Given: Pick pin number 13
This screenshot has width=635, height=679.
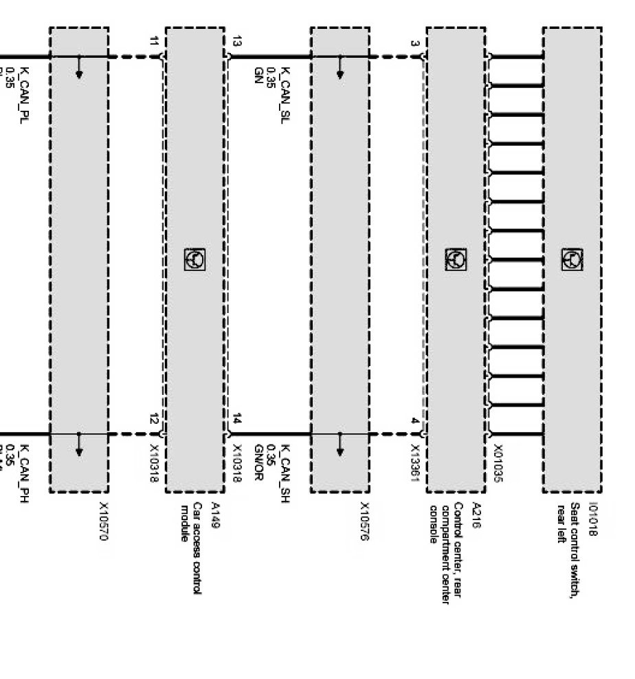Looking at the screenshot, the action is pyautogui.click(x=237, y=42).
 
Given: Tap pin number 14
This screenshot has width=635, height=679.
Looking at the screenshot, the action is pyautogui.click(x=237, y=419).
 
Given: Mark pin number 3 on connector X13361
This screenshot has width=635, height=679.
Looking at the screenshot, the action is pyautogui.click(x=414, y=43).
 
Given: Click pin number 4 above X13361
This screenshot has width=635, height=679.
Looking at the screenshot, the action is pyautogui.click(x=414, y=420).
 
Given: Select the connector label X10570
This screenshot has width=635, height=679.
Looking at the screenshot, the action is pyautogui.click(x=104, y=521).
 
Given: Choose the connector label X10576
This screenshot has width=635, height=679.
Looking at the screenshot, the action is pyautogui.click(x=365, y=521).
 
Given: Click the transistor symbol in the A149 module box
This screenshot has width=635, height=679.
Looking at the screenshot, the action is pyautogui.click(x=194, y=259).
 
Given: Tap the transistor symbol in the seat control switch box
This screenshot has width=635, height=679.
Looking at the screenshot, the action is pyautogui.click(x=572, y=259).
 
